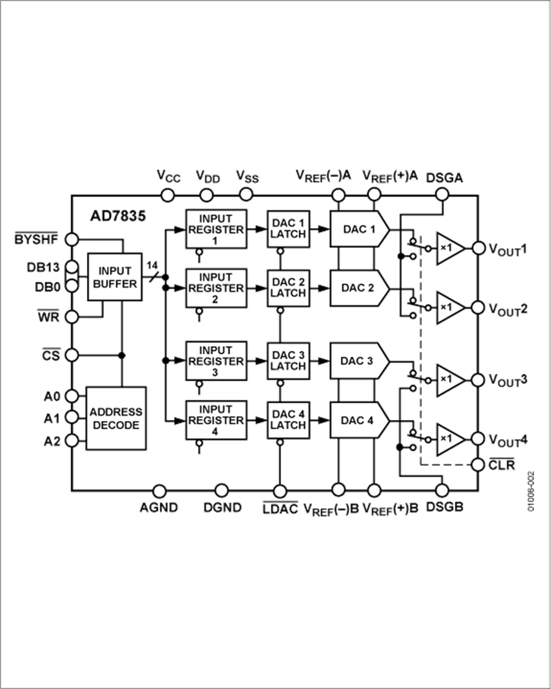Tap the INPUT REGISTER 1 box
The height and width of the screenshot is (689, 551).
pyautogui.click(x=216, y=229)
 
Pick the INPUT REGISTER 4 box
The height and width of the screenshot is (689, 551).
pyautogui.click(x=216, y=421)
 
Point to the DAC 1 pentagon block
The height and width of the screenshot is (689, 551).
pyautogui.click(x=359, y=229)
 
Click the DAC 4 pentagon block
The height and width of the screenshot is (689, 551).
pyautogui.click(x=359, y=421)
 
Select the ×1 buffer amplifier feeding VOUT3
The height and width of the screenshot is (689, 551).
pyautogui.click(x=449, y=379)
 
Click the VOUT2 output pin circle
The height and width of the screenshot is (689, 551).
pyautogui.click(x=479, y=307)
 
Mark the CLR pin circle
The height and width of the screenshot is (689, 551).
pyautogui.click(x=479, y=465)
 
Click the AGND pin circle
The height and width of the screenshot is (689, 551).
pyautogui.click(x=159, y=490)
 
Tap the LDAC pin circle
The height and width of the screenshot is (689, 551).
pyautogui.click(x=280, y=490)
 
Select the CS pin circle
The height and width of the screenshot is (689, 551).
pyautogui.click(x=72, y=355)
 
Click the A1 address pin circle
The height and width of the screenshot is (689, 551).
pyautogui.click(x=72, y=417)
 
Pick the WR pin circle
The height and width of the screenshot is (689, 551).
pyautogui.click(x=72, y=317)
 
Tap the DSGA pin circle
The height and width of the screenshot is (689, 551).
pyautogui.click(x=442, y=195)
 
